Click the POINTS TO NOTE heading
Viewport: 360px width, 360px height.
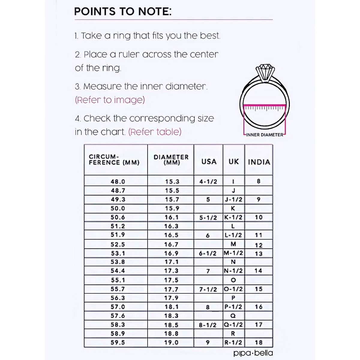pyautogui.click(x=123, y=12)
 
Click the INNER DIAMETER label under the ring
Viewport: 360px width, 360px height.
pyautogui.click(x=264, y=135)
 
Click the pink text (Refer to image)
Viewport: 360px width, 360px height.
pyautogui.click(x=110, y=100)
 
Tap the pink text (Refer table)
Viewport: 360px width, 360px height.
pyautogui.click(x=155, y=132)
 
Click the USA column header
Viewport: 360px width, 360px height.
pyautogui.click(x=209, y=162)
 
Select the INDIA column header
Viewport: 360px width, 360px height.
pyautogui.click(x=259, y=162)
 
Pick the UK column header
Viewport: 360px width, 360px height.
pyautogui.click(x=234, y=162)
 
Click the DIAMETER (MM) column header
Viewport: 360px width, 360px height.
pyautogui.click(x=171, y=160)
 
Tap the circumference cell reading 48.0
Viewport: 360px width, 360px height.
pyautogui.click(x=118, y=181)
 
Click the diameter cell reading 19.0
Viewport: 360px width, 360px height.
pyautogui.click(x=171, y=342)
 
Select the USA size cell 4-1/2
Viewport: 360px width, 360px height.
pyautogui.click(x=208, y=181)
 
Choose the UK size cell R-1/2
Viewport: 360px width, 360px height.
pyautogui.click(x=233, y=342)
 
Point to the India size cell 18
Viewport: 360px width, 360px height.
pyautogui.click(x=259, y=342)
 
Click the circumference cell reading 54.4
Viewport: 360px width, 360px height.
pyautogui.click(x=118, y=271)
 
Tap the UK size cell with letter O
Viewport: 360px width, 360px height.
pyautogui.click(x=233, y=280)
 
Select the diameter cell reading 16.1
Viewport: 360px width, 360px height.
pyautogui.click(x=171, y=217)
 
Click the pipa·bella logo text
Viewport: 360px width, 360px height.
pyautogui.click(x=253, y=353)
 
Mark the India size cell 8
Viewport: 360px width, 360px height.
pyautogui.click(x=259, y=181)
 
